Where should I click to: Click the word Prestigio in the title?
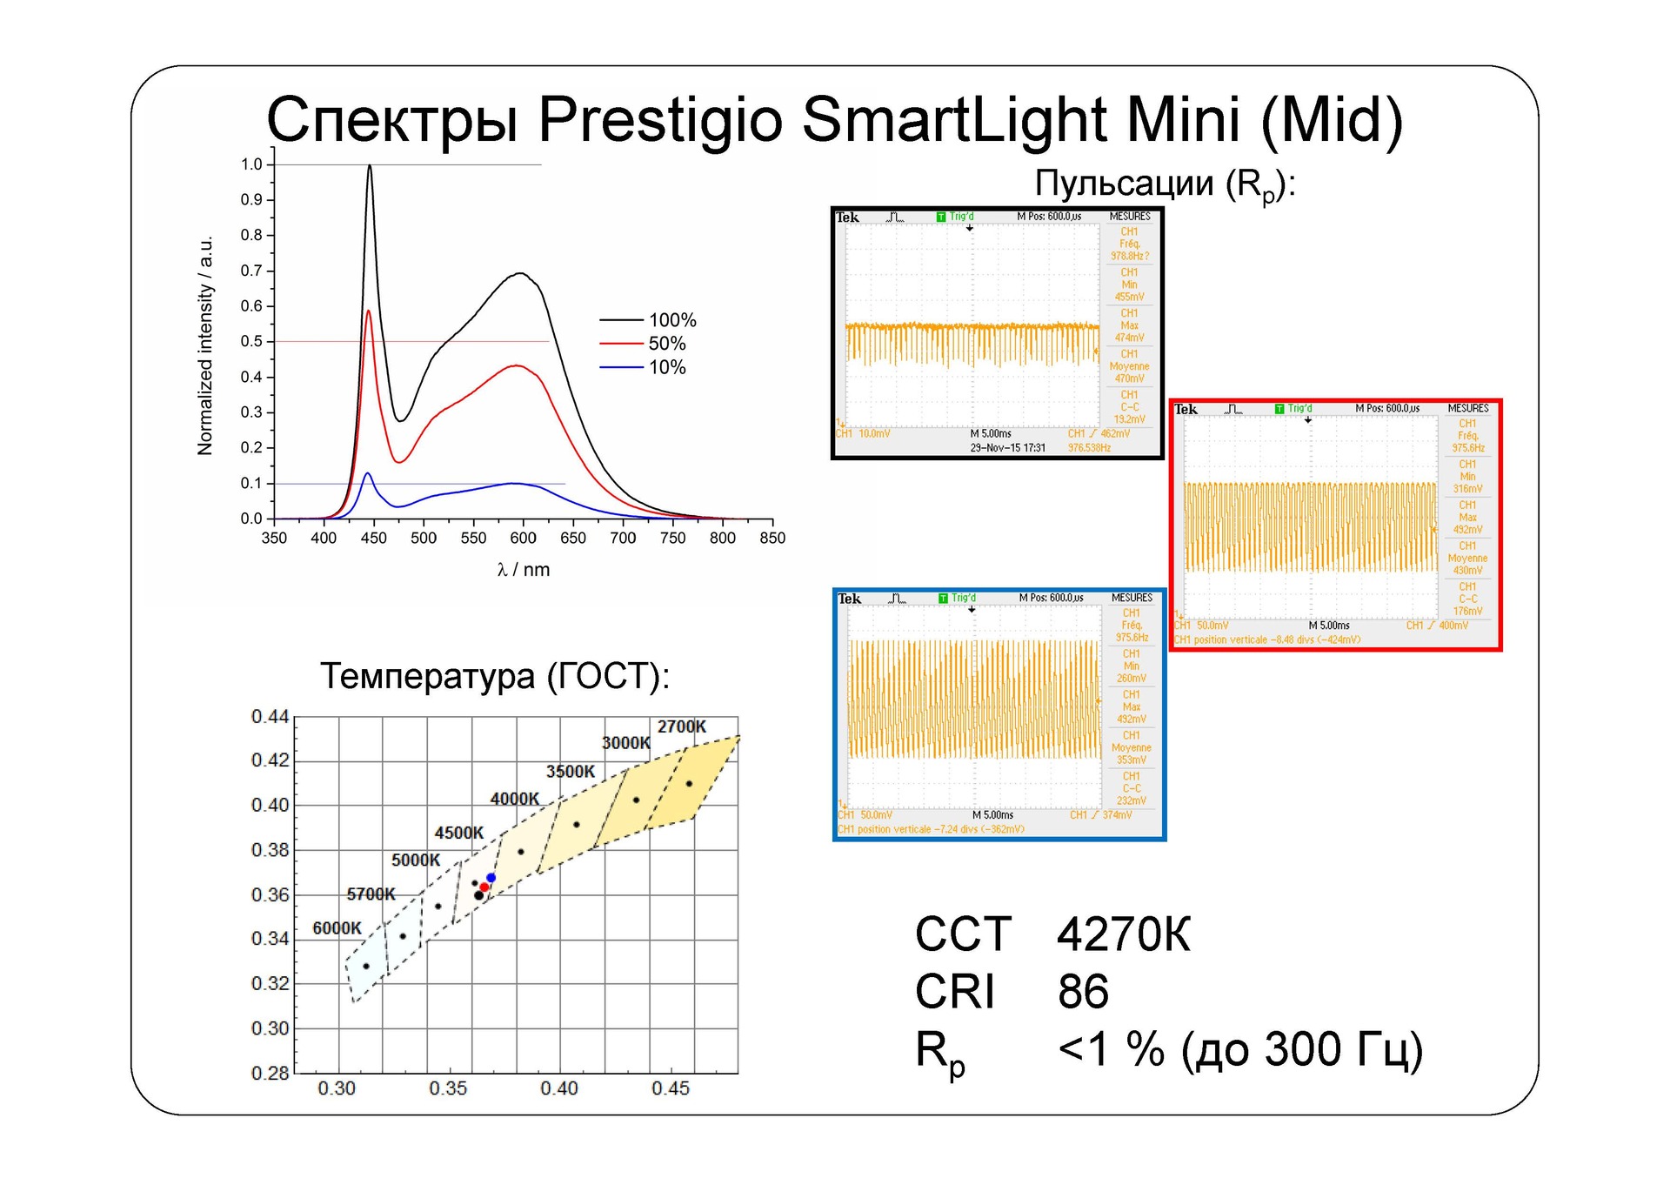660,119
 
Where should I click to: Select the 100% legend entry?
672,320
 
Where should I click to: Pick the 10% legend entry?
667,367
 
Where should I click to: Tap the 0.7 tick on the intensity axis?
251,271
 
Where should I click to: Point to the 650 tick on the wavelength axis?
573,538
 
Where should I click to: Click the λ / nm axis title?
524,570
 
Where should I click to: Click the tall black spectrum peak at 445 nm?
370,167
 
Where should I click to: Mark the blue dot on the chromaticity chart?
491,878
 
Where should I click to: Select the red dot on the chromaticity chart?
484,887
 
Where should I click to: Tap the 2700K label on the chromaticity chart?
682,726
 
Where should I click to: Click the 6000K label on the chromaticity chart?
337,928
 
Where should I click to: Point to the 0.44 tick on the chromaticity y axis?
270,717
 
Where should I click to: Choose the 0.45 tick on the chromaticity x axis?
671,1088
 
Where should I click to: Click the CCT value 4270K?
1124,935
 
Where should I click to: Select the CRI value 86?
1084,992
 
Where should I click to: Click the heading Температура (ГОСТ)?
495,676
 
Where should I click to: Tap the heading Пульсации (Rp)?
1165,184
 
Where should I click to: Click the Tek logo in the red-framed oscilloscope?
1186,410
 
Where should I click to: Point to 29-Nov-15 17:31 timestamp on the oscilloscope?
1008,448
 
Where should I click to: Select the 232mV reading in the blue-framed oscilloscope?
1132,800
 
